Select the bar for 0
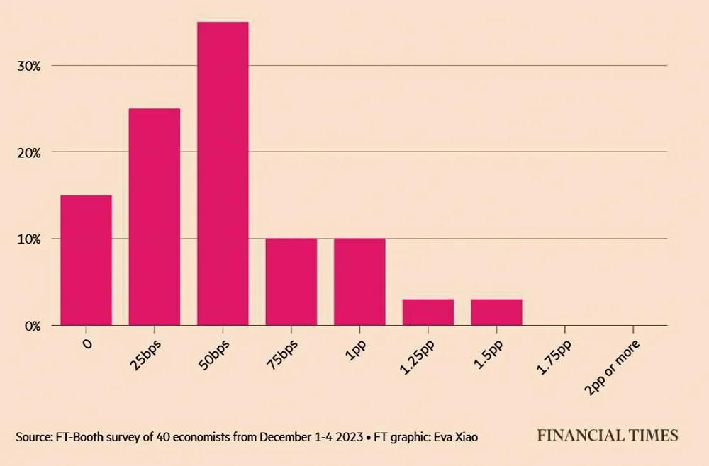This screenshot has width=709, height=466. click(x=86, y=260)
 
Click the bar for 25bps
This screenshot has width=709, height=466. click(x=154, y=217)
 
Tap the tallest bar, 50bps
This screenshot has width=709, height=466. click(x=223, y=174)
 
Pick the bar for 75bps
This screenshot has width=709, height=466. click(x=291, y=282)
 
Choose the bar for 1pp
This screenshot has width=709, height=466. click(x=359, y=282)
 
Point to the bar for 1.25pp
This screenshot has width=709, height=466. click(x=428, y=312)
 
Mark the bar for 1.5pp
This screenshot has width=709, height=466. click(x=496, y=312)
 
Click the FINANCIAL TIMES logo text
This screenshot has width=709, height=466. click(x=607, y=436)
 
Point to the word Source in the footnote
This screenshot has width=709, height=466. click(x=32, y=437)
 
